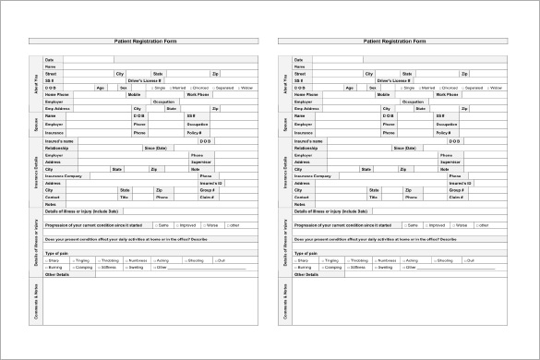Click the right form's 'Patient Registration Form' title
click(x=393, y=42)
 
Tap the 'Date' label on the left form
click(x=50, y=59)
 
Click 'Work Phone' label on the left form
click(x=198, y=94)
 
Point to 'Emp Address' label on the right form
click(x=306, y=109)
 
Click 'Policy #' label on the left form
click(x=195, y=132)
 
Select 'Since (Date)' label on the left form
click(x=155, y=148)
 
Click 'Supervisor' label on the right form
click(x=450, y=162)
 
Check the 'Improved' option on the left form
click(x=187, y=225)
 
